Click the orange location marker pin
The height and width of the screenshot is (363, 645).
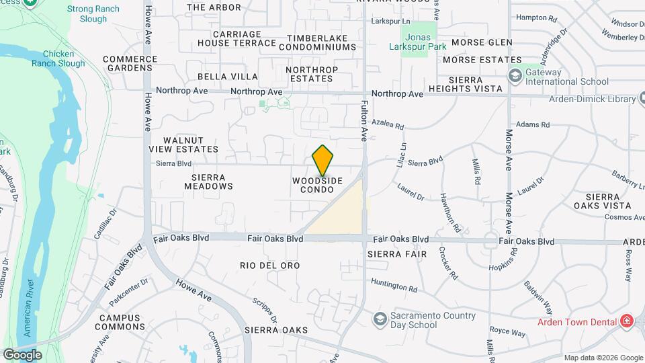[322, 161]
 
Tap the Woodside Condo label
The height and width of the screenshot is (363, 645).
[318, 186]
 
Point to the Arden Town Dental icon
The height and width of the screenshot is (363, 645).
[626, 321]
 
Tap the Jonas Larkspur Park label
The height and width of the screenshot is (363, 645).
[419, 43]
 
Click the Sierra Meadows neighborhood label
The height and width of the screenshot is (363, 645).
[208, 182]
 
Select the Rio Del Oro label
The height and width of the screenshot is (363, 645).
[269, 266]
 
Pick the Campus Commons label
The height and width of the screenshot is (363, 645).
[121, 322]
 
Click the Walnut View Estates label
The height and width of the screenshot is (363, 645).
[183, 144]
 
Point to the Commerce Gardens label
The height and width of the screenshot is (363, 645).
[130, 63]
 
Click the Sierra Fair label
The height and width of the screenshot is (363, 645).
[394, 255]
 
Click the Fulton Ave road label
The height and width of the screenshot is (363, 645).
[364, 121]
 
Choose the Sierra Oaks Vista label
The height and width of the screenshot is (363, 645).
[602, 200]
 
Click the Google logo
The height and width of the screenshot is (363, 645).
[22, 355]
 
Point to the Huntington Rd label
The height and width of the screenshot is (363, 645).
[394, 286]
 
